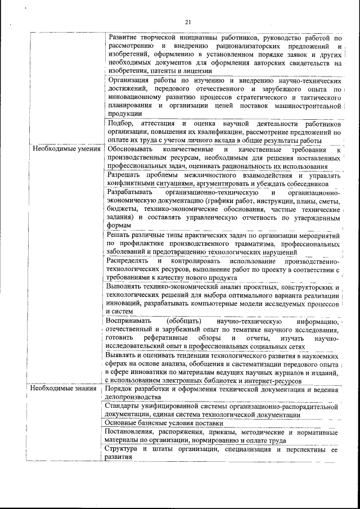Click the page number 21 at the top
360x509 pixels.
pyautogui.click(x=187, y=22)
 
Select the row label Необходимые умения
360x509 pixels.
pyautogui.click(x=66, y=150)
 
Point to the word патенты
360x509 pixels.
pyautogui.click(x=165, y=71)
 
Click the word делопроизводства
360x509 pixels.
pyautogui.click(x=133, y=397)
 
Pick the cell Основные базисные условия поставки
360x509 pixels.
pyautogui.click(x=164, y=423)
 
